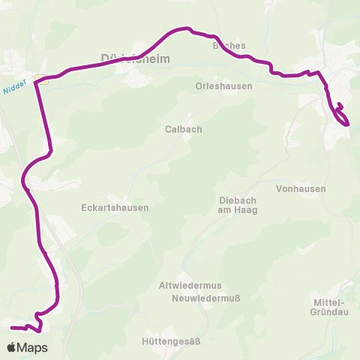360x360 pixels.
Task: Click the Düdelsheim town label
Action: pos(136,58)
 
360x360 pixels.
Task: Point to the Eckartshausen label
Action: pos(115,208)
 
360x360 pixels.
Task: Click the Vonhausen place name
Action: pos(301,189)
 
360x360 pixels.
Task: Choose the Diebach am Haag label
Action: pos(238,205)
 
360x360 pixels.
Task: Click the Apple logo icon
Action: pos(12,347)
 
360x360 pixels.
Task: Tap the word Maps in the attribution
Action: pos(33,347)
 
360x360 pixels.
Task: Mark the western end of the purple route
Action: pos(12,328)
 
